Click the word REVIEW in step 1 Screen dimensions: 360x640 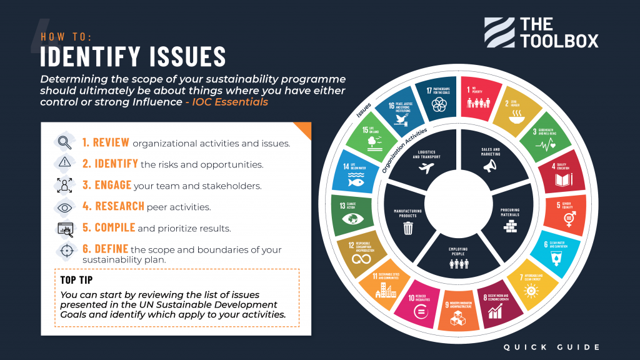(106, 142)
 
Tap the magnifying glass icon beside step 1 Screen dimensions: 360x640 (65, 142)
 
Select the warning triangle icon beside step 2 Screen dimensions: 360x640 (65, 164)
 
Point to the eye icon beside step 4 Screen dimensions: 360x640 (65, 206)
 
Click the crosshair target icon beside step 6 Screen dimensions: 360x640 (65, 249)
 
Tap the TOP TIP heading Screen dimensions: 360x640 (77, 279)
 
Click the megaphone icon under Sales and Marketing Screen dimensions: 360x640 (490, 166)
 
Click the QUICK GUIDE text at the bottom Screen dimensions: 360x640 (552, 347)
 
